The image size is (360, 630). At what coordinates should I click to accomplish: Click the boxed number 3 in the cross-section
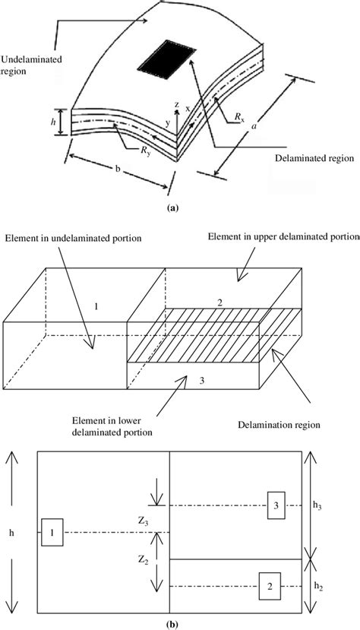point(276,505)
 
